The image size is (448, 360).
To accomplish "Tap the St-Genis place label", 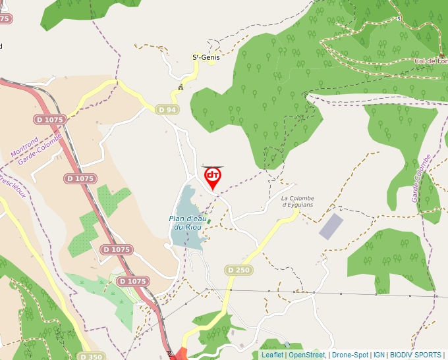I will tap(206, 57).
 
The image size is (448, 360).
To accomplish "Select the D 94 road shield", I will tap(167, 109).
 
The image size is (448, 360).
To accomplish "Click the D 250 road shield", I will tap(238, 270).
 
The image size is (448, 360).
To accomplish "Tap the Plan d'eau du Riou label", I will tap(185, 223).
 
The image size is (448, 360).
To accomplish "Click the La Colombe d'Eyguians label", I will tap(298, 201).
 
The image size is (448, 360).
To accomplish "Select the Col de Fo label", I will tap(431, 61).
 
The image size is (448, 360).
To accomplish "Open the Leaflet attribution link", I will tap(273, 355).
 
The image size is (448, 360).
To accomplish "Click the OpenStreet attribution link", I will tap(306, 355).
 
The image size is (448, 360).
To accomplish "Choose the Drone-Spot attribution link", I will tap(350, 355).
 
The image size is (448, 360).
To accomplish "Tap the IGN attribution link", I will tap(379, 355).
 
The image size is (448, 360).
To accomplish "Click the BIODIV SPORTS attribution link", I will tap(415, 355).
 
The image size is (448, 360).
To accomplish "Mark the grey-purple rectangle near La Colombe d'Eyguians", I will tap(331, 226).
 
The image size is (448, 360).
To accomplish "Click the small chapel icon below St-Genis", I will tap(180, 87).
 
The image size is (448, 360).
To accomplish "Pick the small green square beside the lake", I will tap(209, 221).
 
